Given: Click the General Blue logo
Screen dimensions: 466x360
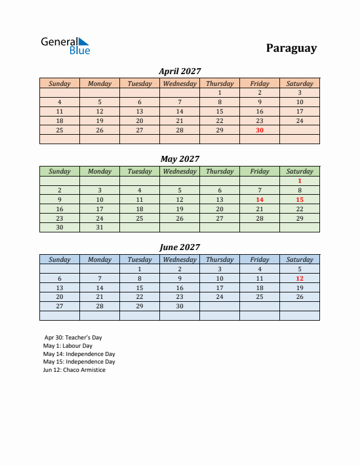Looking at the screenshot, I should [65, 46].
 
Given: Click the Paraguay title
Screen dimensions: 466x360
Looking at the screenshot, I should [291, 48].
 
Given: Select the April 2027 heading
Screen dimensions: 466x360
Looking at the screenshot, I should [179, 71].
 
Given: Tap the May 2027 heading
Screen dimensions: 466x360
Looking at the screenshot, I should [179, 159].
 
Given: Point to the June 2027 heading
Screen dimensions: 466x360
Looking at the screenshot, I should [179, 247].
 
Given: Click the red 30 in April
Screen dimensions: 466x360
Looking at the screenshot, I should [259, 130].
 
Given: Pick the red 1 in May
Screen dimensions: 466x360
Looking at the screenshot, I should [299, 181].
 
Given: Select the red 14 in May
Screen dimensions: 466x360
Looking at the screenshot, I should [259, 199].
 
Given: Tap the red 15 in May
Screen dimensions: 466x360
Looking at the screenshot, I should [299, 199].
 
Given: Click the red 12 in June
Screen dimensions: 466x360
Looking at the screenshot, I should [299, 278].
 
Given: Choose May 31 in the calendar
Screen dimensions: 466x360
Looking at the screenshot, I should [99, 227].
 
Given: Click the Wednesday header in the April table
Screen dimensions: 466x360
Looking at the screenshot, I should [179, 84].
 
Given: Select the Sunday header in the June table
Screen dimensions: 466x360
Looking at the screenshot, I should [59, 259].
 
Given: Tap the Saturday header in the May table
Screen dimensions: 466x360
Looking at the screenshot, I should [299, 171].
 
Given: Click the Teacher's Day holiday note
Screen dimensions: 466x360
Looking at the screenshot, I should [73, 338].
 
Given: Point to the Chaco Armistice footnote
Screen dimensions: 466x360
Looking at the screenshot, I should [74, 370].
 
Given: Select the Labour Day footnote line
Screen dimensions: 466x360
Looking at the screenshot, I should [68, 346].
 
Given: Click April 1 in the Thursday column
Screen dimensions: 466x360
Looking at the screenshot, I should [219, 92].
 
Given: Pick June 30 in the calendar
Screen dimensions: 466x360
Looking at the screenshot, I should [179, 306].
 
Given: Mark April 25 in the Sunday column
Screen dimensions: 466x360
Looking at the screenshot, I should [59, 130].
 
